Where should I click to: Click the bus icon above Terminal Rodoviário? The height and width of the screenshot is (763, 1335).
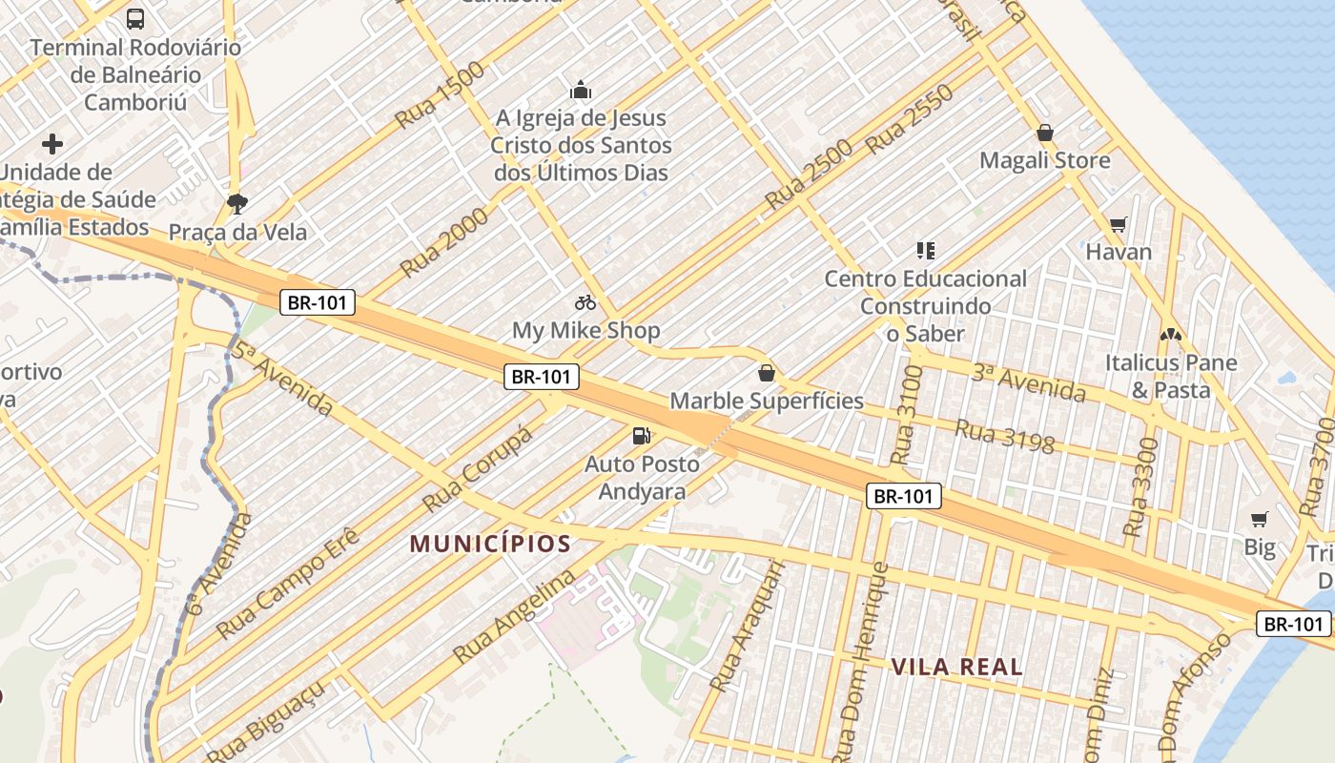click(x=135, y=18)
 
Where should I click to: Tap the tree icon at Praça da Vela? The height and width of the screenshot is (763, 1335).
click(x=236, y=202)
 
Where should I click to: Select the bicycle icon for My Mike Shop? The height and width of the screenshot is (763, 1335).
click(x=585, y=302)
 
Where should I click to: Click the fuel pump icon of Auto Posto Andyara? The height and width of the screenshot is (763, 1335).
click(x=642, y=436)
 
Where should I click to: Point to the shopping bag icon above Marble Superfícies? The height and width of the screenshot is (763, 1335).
click(x=766, y=372)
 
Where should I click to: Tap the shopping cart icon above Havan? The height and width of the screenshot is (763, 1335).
click(x=1119, y=224)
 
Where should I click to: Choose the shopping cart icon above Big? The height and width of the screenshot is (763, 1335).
click(x=1260, y=519)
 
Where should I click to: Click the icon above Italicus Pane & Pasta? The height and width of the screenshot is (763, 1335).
click(x=1170, y=335)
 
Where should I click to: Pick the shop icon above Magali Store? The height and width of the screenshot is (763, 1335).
click(x=1045, y=133)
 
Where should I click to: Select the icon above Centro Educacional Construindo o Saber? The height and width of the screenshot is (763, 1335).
click(x=925, y=251)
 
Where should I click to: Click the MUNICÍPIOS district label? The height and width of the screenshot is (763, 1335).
click(x=490, y=545)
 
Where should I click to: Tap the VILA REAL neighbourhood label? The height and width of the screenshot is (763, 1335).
click(x=956, y=667)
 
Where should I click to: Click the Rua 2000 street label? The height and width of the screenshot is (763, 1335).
click(x=444, y=242)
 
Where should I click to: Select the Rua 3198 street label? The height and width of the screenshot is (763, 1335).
click(x=1004, y=436)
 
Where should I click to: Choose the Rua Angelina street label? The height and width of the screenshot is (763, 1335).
click(x=514, y=616)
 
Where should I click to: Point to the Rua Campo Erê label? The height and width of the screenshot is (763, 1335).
click(x=287, y=582)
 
